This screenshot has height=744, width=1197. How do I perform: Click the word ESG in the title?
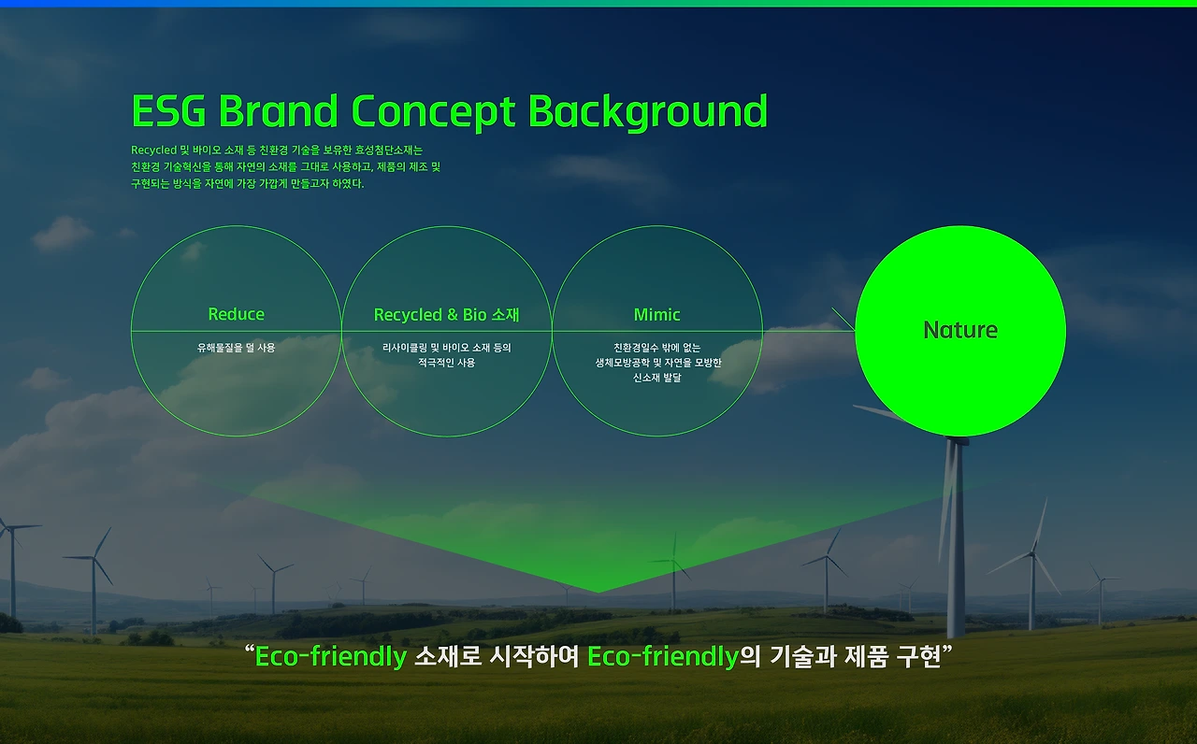(x=169, y=111)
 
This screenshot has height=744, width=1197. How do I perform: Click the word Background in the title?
(x=648, y=113)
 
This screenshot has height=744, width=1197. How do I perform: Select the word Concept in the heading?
(x=433, y=113)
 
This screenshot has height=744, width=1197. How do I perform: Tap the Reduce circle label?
(x=237, y=314)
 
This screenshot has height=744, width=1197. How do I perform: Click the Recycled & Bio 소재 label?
(x=447, y=315)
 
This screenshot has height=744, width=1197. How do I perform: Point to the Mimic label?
(x=656, y=315)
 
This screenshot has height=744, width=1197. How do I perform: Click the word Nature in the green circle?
(x=960, y=330)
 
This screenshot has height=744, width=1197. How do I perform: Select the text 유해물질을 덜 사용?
(x=237, y=348)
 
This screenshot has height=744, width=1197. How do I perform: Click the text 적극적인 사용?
(x=447, y=363)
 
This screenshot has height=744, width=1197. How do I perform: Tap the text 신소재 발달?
(x=657, y=378)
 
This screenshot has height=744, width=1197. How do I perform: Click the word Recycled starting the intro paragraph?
(x=154, y=150)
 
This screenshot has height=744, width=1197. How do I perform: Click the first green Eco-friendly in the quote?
(x=331, y=656)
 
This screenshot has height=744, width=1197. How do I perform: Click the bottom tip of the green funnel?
(x=598, y=592)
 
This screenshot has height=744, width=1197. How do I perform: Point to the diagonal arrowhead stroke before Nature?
(x=844, y=320)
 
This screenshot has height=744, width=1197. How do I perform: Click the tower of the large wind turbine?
(x=957, y=539)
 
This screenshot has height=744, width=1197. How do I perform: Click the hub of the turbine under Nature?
(x=957, y=441)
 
